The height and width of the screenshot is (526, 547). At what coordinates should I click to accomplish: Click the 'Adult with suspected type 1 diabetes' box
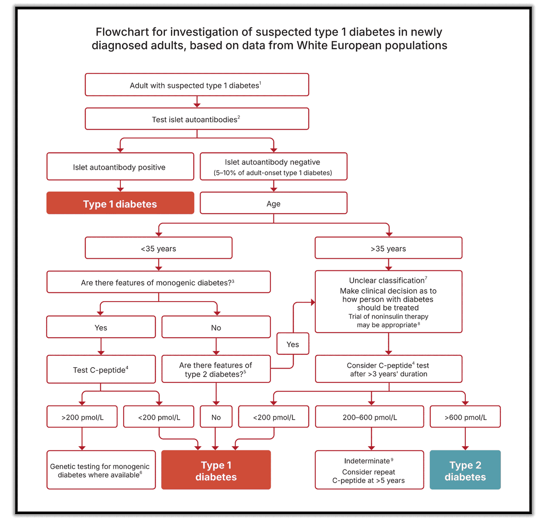pyautogui.click(x=196, y=85)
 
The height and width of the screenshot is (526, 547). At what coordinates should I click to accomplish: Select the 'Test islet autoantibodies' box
pyautogui.click(x=196, y=119)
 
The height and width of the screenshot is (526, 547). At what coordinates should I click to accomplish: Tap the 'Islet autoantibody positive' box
pyautogui.click(x=120, y=167)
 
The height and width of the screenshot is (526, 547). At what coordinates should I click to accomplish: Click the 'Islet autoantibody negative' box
pyautogui.click(x=273, y=167)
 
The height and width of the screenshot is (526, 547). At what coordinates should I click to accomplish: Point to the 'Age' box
pyautogui.click(x=273, y=203)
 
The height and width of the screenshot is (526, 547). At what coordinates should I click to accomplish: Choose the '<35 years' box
pyautogui.click(x=158, y=248)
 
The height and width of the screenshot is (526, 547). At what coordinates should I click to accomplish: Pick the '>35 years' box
pyautogui.click(x=388, y=248)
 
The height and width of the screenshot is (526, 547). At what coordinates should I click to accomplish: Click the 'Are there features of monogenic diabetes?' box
pyautogui.click(x=158, y=282)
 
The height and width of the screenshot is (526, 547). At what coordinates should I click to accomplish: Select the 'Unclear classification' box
pyautogui.click(x=388, y=302)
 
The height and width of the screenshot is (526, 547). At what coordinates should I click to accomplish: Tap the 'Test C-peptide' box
pyautogui.click(x=101, y=370)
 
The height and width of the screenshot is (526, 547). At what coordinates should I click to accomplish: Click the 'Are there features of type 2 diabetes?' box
pyautogui.click(x=216, y=370)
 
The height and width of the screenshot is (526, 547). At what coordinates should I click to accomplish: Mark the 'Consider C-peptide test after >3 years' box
pyautogui.click(x=388, y=370)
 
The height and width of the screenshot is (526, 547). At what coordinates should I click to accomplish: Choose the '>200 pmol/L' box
pyautogui.click(x=82, y=417)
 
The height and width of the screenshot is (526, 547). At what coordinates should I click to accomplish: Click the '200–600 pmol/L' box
pyautogui.click(x=369, y=417)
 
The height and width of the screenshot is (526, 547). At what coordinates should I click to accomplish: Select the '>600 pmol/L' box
pyautogui.click(x=465, y=417)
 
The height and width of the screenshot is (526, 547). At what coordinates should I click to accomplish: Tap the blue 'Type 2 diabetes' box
pyautogui.click(x=465, y=470)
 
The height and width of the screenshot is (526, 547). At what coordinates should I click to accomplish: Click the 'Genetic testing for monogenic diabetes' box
pyautogui.click(x=101, y=470)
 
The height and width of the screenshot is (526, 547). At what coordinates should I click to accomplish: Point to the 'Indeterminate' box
pyautogui.click(x=369, y=470)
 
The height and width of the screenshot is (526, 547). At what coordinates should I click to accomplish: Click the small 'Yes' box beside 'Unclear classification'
pyautogui.click(x=293, y=344)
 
